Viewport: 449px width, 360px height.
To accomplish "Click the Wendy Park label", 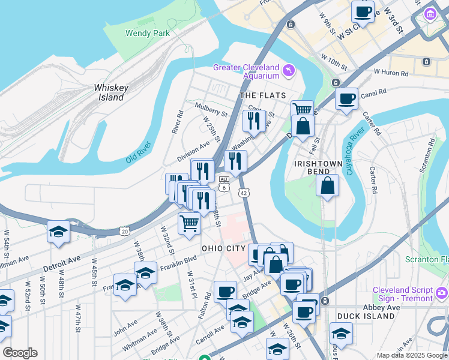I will [147, 34].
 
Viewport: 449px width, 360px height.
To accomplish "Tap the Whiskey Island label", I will [111, 92].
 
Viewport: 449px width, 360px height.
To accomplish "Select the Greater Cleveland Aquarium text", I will [247, 71].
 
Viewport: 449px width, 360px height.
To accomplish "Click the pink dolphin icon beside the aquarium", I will [291, 71].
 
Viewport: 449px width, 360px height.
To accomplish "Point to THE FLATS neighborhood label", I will [261, 95].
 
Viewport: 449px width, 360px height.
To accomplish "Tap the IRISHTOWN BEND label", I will [318, 168].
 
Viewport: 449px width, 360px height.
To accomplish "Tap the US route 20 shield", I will [124, 230].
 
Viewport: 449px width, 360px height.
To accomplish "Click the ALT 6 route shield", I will [223, 184].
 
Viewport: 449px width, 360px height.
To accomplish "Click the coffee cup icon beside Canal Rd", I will [346, 99].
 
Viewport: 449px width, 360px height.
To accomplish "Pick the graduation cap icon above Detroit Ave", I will [58, 232].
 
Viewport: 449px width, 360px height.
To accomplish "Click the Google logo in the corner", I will [20, 353].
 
